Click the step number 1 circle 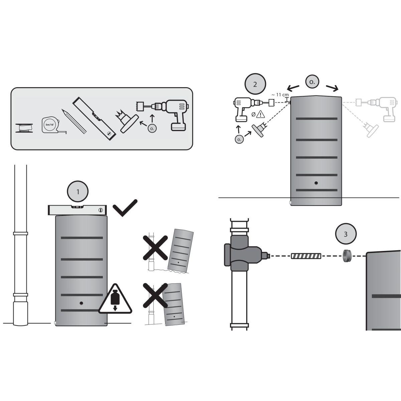[x=78, y=191]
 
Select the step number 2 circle [x=255, y=84]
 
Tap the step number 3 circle [x=346, y=234]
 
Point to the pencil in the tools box [x=74, y=121]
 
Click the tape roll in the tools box [x=24, y=128]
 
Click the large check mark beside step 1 [x=125, y=208]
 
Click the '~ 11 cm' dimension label [x=280, y=95]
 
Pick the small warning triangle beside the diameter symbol [x=260, y=114]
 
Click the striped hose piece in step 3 [x=306, y=256]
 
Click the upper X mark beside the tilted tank [x=155, y=248]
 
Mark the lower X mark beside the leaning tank [x=155, y=295]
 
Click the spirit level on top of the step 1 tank [x=77, y=210]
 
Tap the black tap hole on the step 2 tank [x=316, y=183]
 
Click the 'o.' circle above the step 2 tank [x=312, y=82]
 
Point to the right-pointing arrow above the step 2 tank [x=332, y=88]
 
